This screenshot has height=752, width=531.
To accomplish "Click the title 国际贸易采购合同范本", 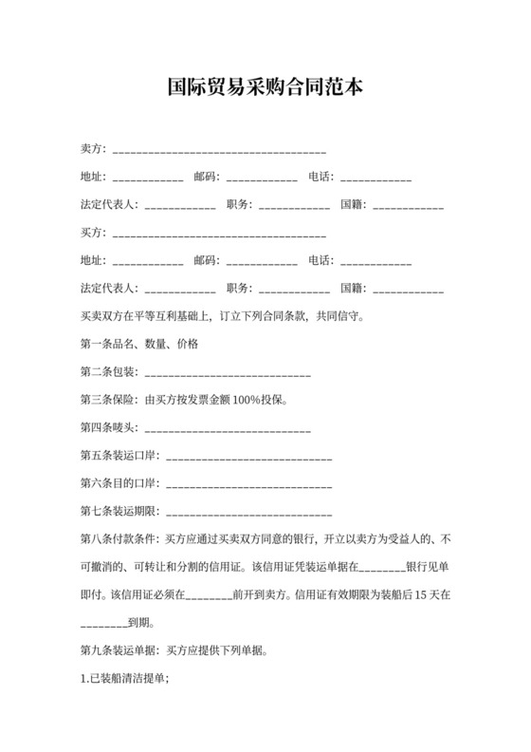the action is (x=265, y=87).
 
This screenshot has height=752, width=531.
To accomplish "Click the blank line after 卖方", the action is (x=219, y=150).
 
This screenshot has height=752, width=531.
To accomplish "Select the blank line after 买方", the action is (x=219, y=234).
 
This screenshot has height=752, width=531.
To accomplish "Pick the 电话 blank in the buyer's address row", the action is (x=375, y=261).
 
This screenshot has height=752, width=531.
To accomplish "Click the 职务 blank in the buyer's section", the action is (x=294, y=289).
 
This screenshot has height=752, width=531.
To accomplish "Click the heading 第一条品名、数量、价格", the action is (x=139, y=344).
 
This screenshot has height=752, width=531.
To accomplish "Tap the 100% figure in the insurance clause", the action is (x=246, y=400).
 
